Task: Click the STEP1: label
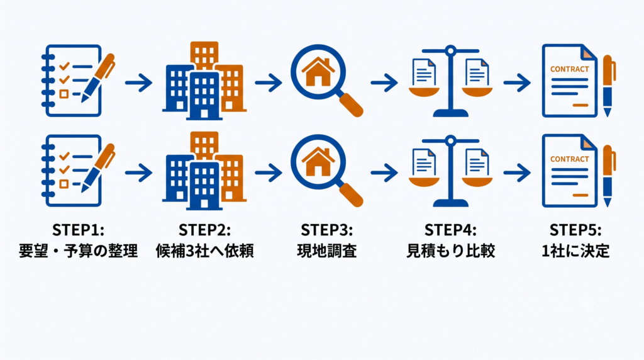(78, 230)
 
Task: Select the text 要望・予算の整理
(78, 250)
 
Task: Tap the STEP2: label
(204, 230)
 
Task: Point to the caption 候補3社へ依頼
(204, 250)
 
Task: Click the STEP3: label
(326, 230)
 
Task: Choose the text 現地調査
(326, 250)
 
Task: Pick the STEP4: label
(450, 230)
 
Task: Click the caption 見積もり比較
(450, 250)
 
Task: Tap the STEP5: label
(575, 230)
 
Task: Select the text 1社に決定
(575, 250)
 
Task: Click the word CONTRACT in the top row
(569, 69)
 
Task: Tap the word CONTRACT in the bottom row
(569, 159)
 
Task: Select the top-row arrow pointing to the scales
(384, 82)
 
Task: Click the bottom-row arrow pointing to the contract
(517, 172)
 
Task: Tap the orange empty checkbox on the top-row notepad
(64, 94)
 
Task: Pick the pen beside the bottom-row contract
(608, 176)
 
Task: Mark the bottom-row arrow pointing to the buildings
(139, 172)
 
